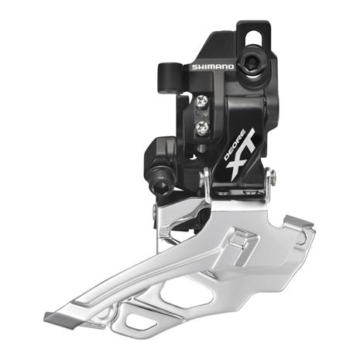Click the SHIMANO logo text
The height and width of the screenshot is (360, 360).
point(213,67)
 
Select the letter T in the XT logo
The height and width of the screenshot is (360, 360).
point(248,144)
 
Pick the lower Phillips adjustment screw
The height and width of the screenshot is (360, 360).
point(202,128)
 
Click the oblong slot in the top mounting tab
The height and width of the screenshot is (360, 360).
point(253,38)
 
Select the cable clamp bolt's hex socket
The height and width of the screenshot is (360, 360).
point(161,186)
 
